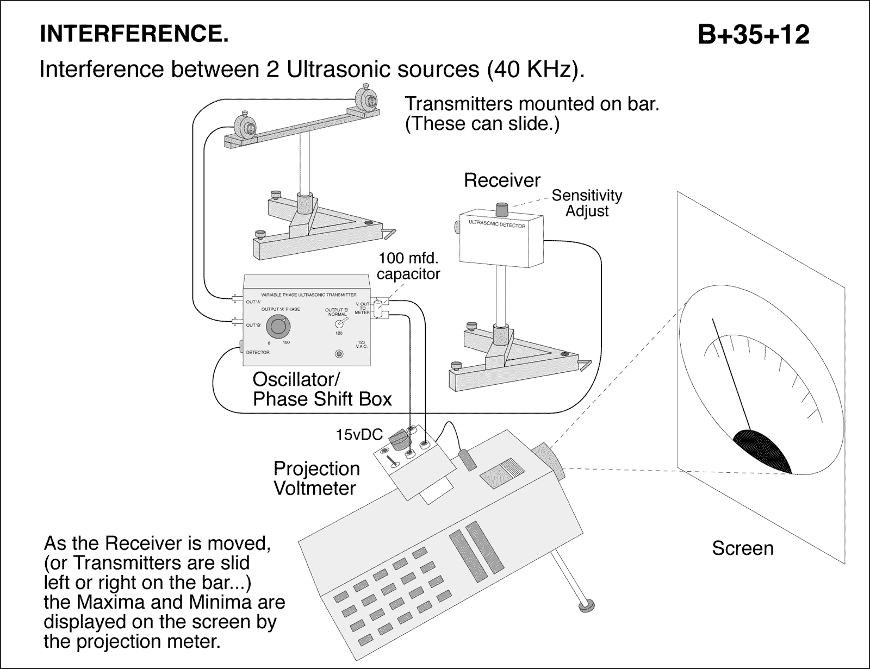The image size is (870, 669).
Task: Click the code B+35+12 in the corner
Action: click(754, 35)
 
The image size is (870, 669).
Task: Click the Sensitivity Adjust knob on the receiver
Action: click(501, 208)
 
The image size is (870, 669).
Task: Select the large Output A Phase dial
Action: click(278, 327)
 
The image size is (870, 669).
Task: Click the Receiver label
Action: click(502, 180)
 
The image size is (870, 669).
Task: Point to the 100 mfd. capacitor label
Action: click(408, 266)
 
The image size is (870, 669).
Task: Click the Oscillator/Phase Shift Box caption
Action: click(322, 389)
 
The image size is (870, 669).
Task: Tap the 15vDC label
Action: click(359, 435)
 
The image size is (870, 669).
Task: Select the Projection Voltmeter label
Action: click(316, 478)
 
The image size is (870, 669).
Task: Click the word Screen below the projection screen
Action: click(742, 548)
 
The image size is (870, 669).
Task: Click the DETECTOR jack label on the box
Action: click(258, 352)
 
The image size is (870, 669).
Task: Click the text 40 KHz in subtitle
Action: click(531, 70)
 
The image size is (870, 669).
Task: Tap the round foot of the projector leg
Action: click(587, 605)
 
